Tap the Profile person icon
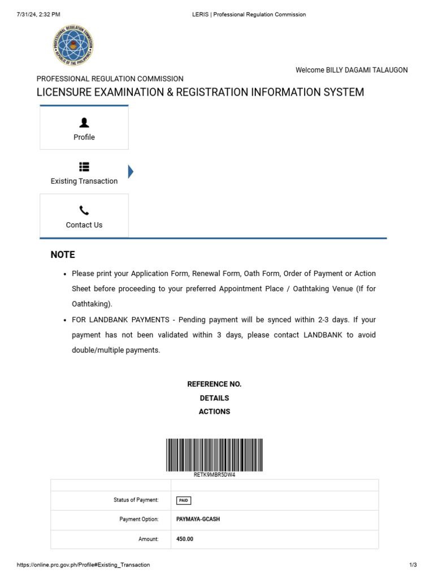[x=84, y=122]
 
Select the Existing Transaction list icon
[x=84, y=166]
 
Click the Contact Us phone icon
[x=84, y=210]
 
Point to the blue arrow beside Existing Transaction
[x=131, y=171]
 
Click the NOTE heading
[x=63, y=254]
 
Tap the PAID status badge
[x=184, y=500]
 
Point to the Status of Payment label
[x=136, y=500]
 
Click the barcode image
[x=214, y=455]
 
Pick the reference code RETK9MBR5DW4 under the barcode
[x=214, y=475]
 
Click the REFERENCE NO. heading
[x=214, y=384]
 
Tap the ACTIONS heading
[x=214, y=412]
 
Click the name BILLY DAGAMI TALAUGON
[x=367, y=70]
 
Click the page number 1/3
[x=413, y=565]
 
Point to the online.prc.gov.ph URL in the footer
[x=84, y=565]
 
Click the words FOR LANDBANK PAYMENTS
[x=121, y=320]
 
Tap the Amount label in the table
[x=149, y=539]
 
